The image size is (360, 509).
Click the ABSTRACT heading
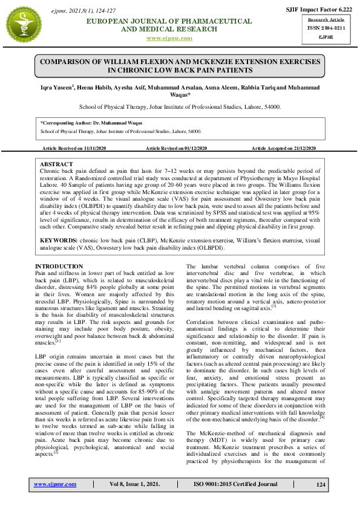tap(56, 164)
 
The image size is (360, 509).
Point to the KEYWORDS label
tap(58, 239)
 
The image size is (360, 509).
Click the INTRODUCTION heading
tap(59, 267)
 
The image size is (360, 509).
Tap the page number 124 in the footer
tap(320, 485)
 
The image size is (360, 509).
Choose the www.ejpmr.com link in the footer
tap(55, 485)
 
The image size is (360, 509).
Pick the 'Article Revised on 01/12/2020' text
tap(177, 148)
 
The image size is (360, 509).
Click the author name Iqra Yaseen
tap(57, 87)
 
